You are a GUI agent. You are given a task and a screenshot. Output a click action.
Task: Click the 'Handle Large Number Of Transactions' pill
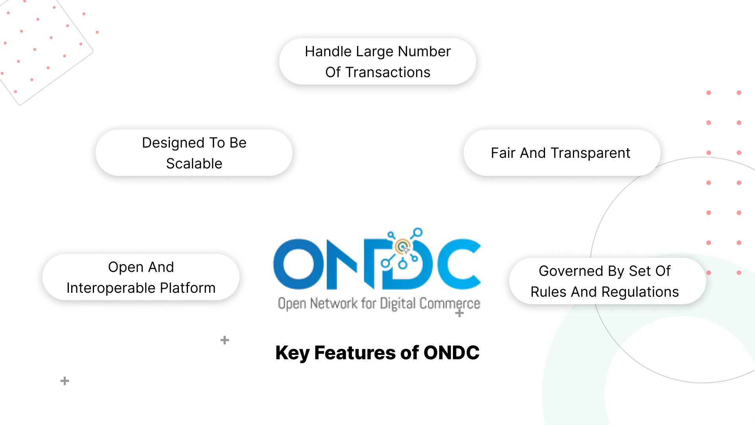click(x=377, y=62)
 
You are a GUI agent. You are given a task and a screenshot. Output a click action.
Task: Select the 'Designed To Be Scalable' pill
click(x=194, y=153)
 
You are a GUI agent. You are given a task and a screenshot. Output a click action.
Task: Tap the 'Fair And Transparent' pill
click(x=562, y=153)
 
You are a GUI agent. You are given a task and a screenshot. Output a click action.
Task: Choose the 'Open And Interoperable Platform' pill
click(x=141, y=277)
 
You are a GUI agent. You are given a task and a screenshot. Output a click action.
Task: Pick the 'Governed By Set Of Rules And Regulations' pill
click(x=607, y=281)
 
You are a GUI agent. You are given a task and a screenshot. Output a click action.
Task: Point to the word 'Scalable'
click(x=194, y=163)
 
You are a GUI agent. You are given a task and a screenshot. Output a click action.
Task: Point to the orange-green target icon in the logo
click(x=403, y=247)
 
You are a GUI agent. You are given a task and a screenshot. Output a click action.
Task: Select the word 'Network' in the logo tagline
click(x=334, y=303)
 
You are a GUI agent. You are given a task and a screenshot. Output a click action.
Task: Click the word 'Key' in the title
click(x=292, y=353)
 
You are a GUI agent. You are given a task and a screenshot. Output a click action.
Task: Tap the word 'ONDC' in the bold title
click(x=451, y=353)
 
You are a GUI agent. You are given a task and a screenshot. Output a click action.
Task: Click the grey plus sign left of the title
click(x=225, y=340)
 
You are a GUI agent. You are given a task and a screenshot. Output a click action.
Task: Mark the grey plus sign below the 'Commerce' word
click(x=459, y=313)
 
